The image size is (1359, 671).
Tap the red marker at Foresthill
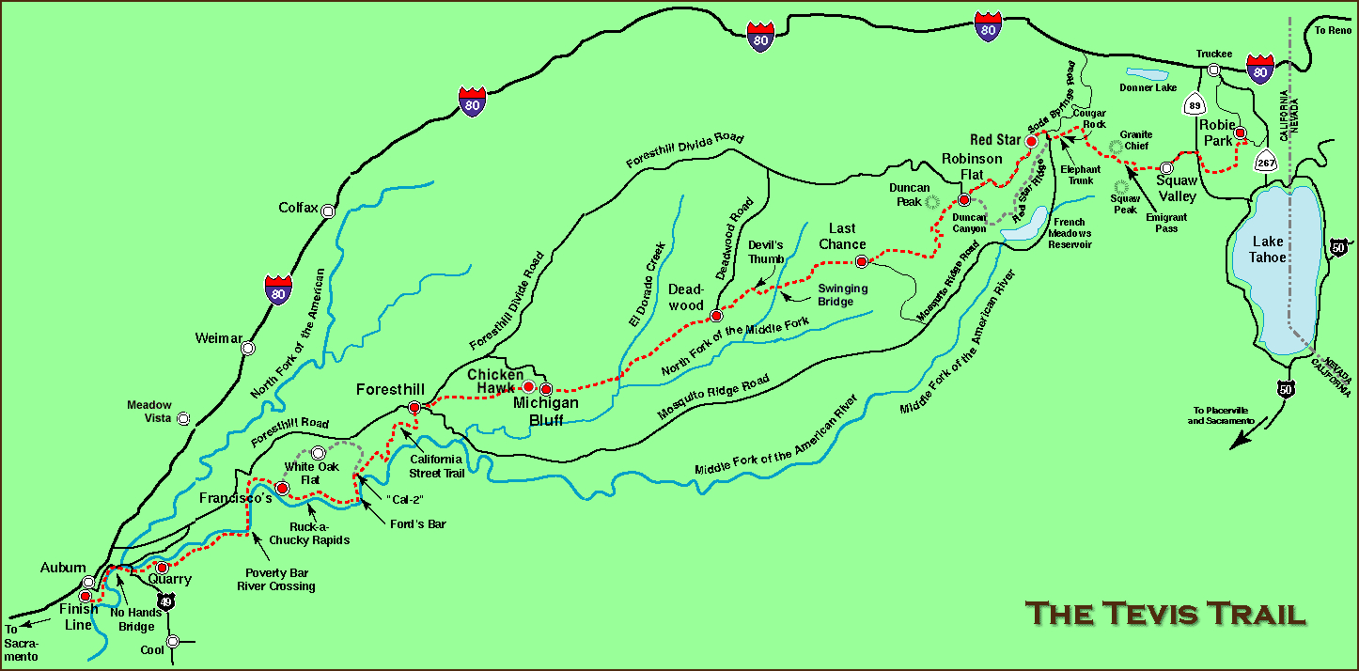414,407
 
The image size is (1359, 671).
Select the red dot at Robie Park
1240,133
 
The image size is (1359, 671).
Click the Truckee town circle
1213,70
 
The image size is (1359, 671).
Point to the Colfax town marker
328,211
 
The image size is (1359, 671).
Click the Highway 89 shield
1194,104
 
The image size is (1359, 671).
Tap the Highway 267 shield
1266,161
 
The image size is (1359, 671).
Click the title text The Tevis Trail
1165,614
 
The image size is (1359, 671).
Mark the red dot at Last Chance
860,260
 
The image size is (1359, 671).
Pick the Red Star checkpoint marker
1031,141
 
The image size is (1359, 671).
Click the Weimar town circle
247,348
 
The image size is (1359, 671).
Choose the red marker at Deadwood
715,315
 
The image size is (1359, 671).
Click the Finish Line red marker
86,596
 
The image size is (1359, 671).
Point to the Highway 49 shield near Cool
166,601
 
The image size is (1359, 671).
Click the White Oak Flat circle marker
317,453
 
